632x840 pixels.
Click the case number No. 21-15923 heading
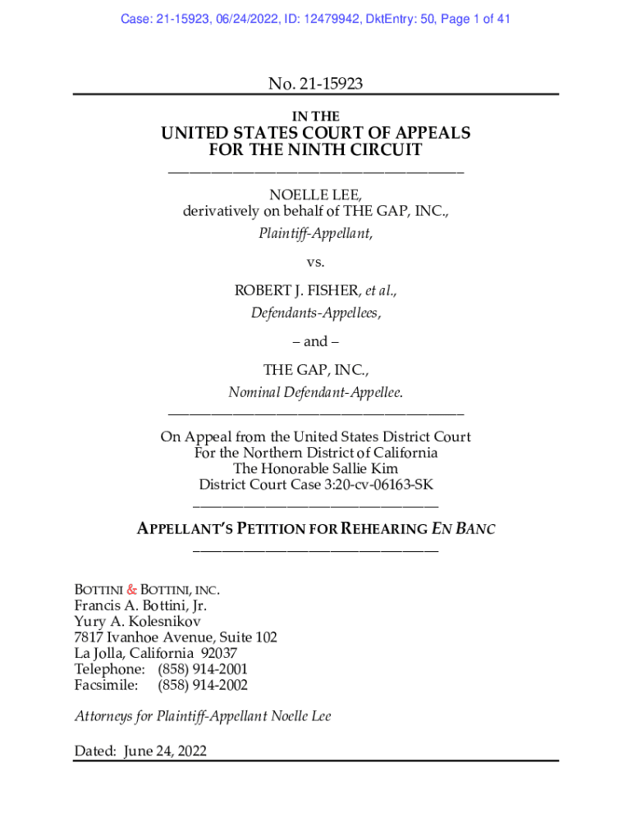315,83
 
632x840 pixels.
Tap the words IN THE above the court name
315,116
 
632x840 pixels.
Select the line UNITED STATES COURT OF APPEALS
315,133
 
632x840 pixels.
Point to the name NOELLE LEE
315,194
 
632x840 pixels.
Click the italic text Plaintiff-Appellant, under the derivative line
315,233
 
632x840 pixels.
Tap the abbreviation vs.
315,262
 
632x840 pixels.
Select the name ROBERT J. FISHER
297,290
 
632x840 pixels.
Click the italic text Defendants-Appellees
315,313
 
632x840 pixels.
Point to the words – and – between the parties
315,341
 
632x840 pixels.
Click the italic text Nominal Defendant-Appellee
315,393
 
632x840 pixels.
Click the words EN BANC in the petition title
463,529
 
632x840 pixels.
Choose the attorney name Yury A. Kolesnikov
137,622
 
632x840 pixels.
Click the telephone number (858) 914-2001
203,669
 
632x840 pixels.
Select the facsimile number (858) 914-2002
203,685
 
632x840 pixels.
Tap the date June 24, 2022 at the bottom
164,751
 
